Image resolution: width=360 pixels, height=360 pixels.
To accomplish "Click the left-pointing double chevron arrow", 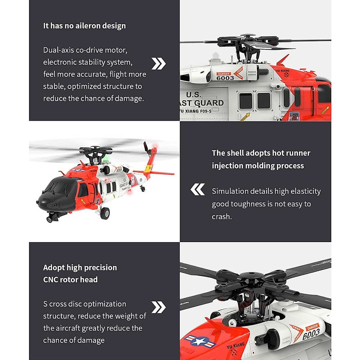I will pyautogui.click(x=198, y=190).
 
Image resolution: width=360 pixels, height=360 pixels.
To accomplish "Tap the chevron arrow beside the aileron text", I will pyautogui.click(x=158, y=64).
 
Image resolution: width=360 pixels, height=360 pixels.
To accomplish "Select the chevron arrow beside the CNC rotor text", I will pyautogui.click(x=158, y=307).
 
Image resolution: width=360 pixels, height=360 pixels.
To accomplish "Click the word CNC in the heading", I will pyautogui.click(x=50, y=280).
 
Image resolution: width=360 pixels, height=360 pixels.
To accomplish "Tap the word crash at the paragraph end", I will pyautogui.click(x=221, y=217).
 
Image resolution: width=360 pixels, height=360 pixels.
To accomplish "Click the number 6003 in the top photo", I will pyautogui.click(x=225, y=78).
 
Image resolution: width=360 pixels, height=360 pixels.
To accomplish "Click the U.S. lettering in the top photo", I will pyautogui.click(x=193, y=94).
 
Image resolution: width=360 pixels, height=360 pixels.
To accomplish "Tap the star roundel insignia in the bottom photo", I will pyautogui.click(x=199, y=341).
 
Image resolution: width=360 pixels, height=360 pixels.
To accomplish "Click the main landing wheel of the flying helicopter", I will pyautogui.click(x=105, y=213).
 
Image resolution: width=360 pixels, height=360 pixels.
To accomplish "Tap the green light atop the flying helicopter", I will pyautogui.click(x=106, y=158).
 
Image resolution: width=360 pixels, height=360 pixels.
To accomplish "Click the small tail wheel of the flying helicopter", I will pyautogui.click(x=143, y=189).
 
